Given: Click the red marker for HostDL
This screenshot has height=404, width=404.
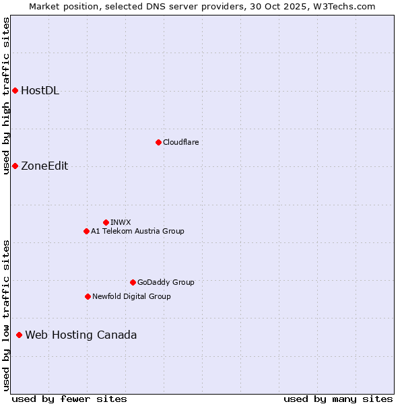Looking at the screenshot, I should pos(15,90).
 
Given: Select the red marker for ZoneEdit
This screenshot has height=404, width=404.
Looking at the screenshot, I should pos(15,166).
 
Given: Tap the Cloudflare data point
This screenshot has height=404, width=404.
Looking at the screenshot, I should pos(158,142).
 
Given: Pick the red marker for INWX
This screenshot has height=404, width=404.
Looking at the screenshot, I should pos(106,222).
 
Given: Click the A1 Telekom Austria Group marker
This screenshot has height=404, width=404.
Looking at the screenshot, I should pos(86,231).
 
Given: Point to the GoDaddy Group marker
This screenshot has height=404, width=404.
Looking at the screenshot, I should pos(133,282).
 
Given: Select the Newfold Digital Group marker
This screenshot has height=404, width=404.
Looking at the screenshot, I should pos(88,296).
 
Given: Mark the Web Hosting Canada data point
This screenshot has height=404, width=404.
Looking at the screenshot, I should pos(19,335).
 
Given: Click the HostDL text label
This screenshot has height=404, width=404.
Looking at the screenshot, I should pos(40,91).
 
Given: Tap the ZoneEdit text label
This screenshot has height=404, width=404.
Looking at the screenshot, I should pos(44,166).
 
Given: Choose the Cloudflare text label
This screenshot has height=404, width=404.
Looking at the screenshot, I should pos(180,142).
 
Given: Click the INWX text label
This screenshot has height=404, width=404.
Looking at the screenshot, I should pos(121,222).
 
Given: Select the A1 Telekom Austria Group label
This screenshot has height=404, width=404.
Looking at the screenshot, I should pos(137,231).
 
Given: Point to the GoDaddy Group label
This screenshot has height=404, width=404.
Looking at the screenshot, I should pos(166,282).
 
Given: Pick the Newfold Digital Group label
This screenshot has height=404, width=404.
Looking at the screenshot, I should pos(131,296).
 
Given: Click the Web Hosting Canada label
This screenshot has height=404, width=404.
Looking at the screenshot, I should pos(81,335).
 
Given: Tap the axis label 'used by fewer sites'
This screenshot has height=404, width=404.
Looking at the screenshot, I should pos(69,399).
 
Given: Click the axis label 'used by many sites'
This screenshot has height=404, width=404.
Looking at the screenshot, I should pos(338,399).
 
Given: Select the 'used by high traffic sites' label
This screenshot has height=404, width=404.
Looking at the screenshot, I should pos(6,96).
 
